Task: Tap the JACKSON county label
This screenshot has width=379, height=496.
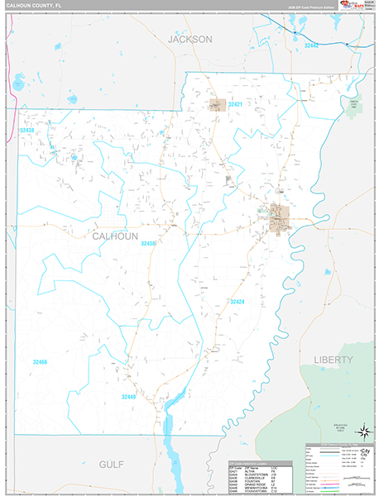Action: [190, 39]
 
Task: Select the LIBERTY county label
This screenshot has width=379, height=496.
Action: [333, 360]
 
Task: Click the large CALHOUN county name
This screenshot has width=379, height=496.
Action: [114, 236]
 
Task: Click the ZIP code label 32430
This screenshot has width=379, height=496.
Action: [149, 244]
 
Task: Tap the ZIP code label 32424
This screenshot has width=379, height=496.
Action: [237, 302]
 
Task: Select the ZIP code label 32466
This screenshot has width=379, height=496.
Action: [40, 362]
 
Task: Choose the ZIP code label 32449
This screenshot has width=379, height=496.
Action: [128, 397]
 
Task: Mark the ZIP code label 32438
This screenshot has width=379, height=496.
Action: [27, 131]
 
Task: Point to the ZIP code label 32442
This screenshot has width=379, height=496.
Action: [311, 45]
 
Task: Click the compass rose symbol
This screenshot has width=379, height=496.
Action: [362, 431]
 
